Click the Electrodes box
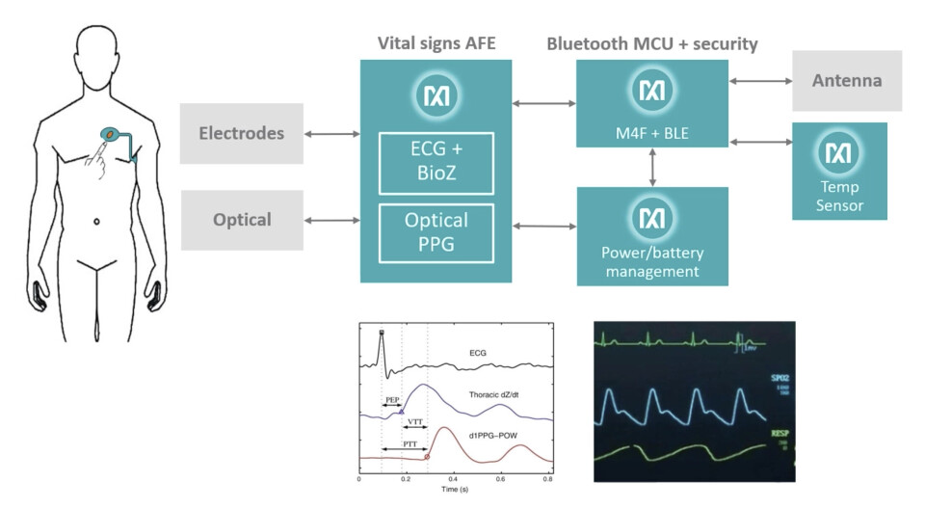[241, 133]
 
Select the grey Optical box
[241, 220]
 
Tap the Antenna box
[847, 81]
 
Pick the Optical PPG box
[436, 232]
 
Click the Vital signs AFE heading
[436, 43]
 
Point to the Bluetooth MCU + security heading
[651, 43]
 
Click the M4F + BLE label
[652, 130]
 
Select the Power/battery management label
[652, 263]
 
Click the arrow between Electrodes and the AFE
[331, 134]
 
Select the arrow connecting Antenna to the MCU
[760, 81]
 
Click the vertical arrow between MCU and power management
[653, 167]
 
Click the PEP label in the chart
[392, 398]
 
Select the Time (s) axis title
[455, 491]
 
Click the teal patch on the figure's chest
[110, 136]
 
